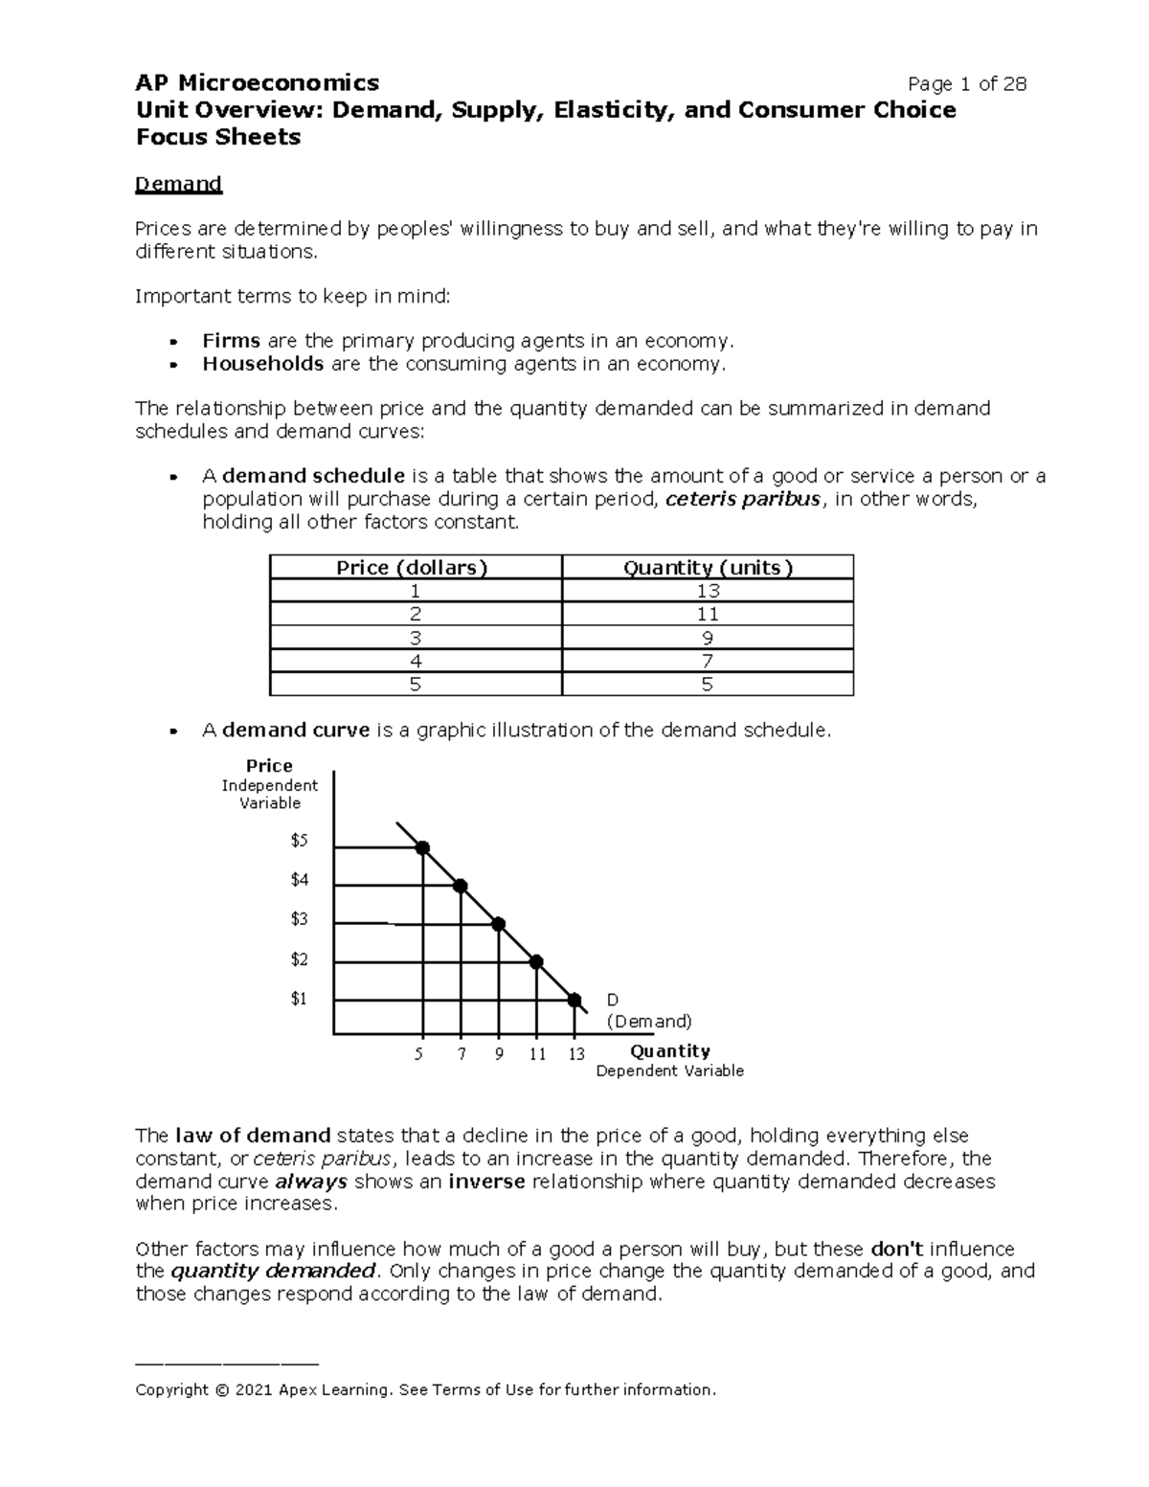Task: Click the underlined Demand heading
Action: (178, 184)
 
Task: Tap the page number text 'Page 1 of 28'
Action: (967, 84)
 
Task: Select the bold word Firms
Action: (231, 341)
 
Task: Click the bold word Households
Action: (262, 364)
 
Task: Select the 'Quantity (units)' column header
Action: (708, 568)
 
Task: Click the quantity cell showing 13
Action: (708, 591)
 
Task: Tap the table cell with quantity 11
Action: (708, 614)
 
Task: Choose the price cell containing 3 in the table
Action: (415, 638)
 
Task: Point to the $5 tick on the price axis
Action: (300, 841)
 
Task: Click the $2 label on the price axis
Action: (300, 959)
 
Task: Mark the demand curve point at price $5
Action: (422, 847)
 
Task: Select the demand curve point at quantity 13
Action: (574, 1000)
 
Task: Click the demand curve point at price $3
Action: (498, 924)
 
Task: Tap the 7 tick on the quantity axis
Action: (462, 1054)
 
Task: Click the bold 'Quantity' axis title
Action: (669, 1050)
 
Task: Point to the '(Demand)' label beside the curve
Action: (649, 1022)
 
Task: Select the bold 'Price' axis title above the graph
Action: (269, 766)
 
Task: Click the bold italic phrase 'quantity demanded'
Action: (273, 1272)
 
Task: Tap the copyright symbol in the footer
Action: (222, 1390)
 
